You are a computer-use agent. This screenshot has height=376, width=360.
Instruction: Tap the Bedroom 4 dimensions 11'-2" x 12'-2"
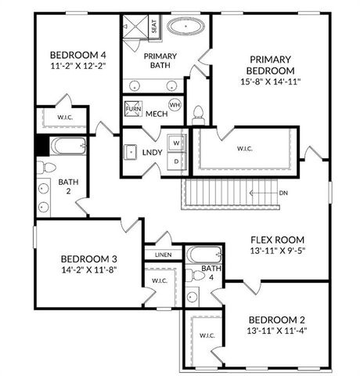click(77, 66)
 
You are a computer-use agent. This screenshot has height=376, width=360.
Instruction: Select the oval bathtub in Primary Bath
click(185, 26)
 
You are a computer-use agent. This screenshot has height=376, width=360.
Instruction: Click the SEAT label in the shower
click(153, 26)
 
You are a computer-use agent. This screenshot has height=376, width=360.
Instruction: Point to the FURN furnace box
click(133, 108)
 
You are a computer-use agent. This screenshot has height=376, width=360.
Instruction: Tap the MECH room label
click(157, 115)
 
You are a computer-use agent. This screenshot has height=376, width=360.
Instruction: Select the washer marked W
click(177, 143)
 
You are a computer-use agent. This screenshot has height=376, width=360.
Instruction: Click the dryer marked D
click(177, 161)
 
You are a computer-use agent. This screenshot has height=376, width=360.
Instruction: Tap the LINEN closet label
click(163, 255)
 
